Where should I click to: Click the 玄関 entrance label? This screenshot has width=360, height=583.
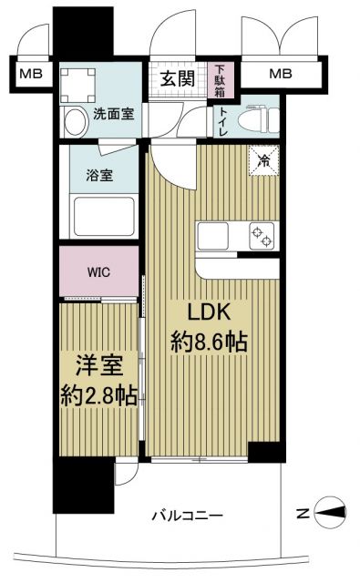pos(178,78)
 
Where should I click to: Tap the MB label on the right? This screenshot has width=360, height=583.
pos(280,74)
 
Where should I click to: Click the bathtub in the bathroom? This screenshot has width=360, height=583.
pos(100,220)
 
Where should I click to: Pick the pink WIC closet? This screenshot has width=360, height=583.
pos(100,271)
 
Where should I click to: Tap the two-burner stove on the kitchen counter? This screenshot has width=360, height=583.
pos(262,235)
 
